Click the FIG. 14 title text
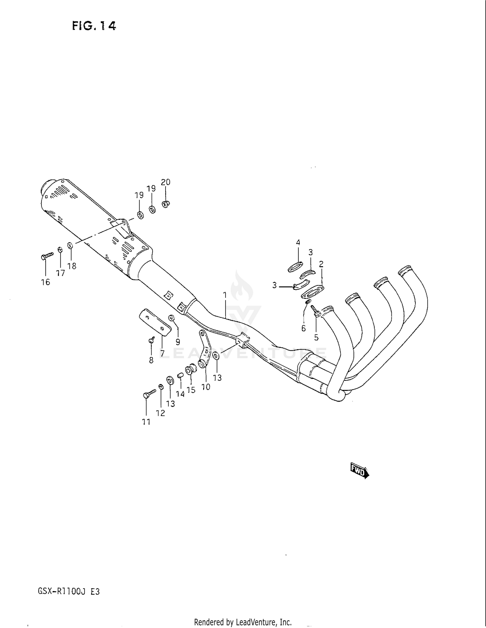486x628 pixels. pos(94,26)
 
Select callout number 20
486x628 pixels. pos(166,182)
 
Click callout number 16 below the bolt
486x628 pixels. pos(46,282)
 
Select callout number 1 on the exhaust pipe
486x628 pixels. pos(225,295)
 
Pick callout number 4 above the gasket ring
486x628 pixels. pos(298,242)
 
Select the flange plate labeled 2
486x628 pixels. pos(313,291)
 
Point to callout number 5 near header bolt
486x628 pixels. pos(316,337)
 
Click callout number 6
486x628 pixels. pos(303,328)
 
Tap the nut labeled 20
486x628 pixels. pos(166,204)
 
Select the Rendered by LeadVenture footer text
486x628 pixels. pos(243,622)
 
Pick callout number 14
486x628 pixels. pos(180,394)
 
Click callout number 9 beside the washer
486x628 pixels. pos(178,342)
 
